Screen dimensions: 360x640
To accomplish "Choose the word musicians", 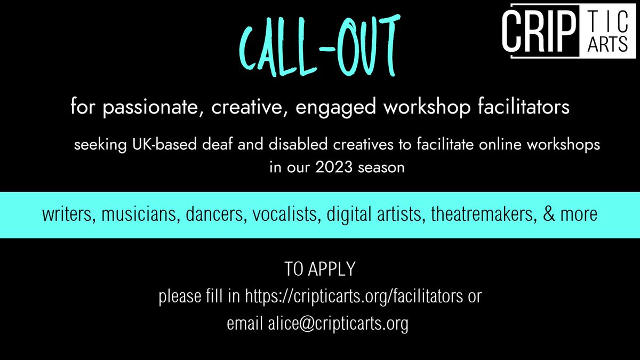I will point(135,215).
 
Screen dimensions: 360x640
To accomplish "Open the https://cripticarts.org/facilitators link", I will point(353,297).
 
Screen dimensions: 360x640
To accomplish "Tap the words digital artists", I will point(372,215).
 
